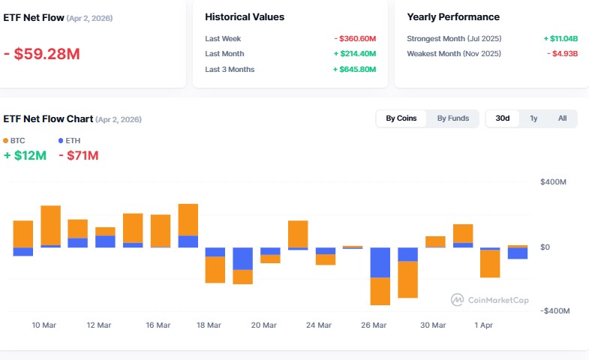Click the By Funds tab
(x=453, y=118)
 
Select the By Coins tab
(x=401, y=118)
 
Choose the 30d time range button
(x=503, y=118)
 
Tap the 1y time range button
(x=533, y=118)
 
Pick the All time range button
(x=562, y=118)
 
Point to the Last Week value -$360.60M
(x=355, y=38)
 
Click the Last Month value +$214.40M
(x=354, y=54)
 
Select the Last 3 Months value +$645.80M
(x=354, y=70)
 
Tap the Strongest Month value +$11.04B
(x=560, y=38)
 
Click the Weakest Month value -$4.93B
(x=561, y=54)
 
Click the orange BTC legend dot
(x=6, y=140)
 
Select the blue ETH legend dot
(x=61, y=140)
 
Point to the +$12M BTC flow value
(x=25, y=155)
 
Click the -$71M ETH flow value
(x=78, y=155)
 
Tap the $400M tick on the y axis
(x=553, y=182)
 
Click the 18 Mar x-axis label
(x=209, y=325)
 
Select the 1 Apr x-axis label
(x=484, y=325)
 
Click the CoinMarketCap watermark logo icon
(x=457, y=300)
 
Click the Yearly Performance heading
(x=452, y=16)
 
